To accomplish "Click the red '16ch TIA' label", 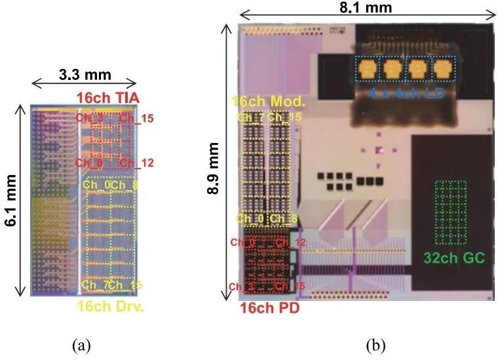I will pos(104,98).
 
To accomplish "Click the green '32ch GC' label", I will pos(450,258).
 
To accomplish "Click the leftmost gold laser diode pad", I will pos(368,68).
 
